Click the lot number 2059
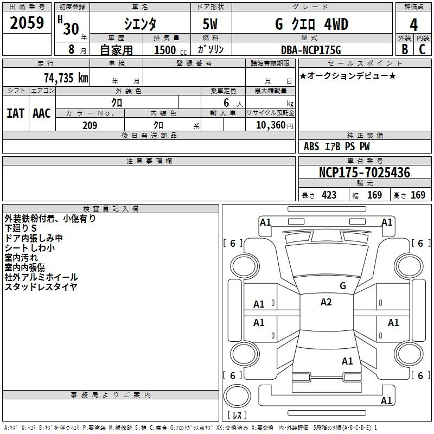click(27, 23)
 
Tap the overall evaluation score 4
click(413, 24)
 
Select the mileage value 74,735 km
click(66, 78)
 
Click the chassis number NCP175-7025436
click(365, 172)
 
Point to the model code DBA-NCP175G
click(311, 50)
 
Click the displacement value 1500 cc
click(170, 50)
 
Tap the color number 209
click(90, 125)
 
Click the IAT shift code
click(15, 113)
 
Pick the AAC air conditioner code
click(42, 113)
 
